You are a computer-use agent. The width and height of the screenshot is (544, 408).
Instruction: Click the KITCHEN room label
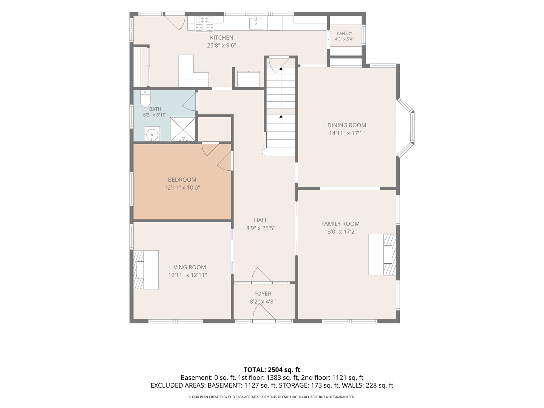pos(221,38)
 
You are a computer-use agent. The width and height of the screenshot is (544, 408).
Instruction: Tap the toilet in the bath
pos(145,99)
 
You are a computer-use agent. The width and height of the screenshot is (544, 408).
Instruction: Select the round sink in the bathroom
pos(152,134)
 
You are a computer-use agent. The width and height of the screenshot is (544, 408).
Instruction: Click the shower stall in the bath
pos(183,130)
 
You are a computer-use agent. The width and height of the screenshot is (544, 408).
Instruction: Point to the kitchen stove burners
pos(204,23)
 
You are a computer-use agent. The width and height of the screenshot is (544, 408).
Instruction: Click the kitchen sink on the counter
pos(255,23)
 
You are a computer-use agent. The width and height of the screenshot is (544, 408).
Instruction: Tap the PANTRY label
pos(344,33)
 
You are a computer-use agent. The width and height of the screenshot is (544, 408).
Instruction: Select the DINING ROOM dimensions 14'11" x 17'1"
pos(346,133)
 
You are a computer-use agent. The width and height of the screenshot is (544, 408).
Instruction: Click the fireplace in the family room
pos(382,254)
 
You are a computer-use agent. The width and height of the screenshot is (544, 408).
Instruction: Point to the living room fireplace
pos(146,269)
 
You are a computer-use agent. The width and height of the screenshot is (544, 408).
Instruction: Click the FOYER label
pos(263,294)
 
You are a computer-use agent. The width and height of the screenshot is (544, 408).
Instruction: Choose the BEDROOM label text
pos(182,179)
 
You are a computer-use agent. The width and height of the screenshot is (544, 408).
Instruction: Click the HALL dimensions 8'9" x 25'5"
pos(260,228)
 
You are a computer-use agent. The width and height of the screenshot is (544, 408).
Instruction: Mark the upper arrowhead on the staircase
pos(281,69)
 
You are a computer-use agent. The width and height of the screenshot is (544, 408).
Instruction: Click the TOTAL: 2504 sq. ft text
pos(272,370)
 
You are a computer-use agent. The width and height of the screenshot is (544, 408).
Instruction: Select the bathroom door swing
pos(189,102)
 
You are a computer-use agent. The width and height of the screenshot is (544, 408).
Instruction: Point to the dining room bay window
pos(405,127)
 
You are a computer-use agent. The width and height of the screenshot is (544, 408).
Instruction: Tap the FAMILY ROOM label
pos(340,224)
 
